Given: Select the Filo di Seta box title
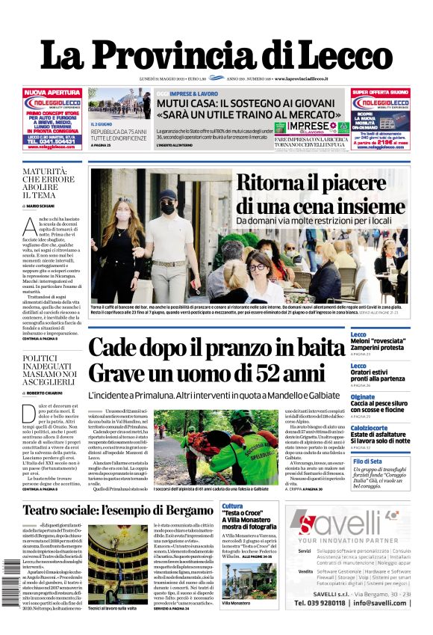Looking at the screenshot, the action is point(367,461).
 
